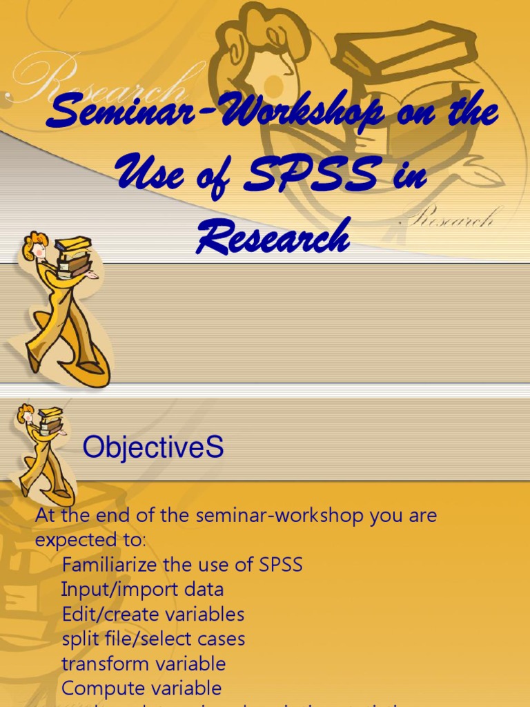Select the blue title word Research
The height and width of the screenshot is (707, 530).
tap(273, 237)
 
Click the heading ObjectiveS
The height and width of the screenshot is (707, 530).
tap(153, 448)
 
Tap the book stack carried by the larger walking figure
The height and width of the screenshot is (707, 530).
tap(73, 256)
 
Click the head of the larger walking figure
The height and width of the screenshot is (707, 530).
tap(36, 246)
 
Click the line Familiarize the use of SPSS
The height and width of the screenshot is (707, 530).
tap(182, 565)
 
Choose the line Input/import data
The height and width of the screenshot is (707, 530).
tap(142, 590)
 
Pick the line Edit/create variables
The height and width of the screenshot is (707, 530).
tap(153, 614)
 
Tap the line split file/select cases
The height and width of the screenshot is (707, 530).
tap(153, 639)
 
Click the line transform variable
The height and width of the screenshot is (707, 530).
tap(144, 664)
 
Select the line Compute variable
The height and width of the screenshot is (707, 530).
tap(141, 688)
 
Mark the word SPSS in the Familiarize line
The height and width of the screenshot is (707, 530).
tap(281, 565)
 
